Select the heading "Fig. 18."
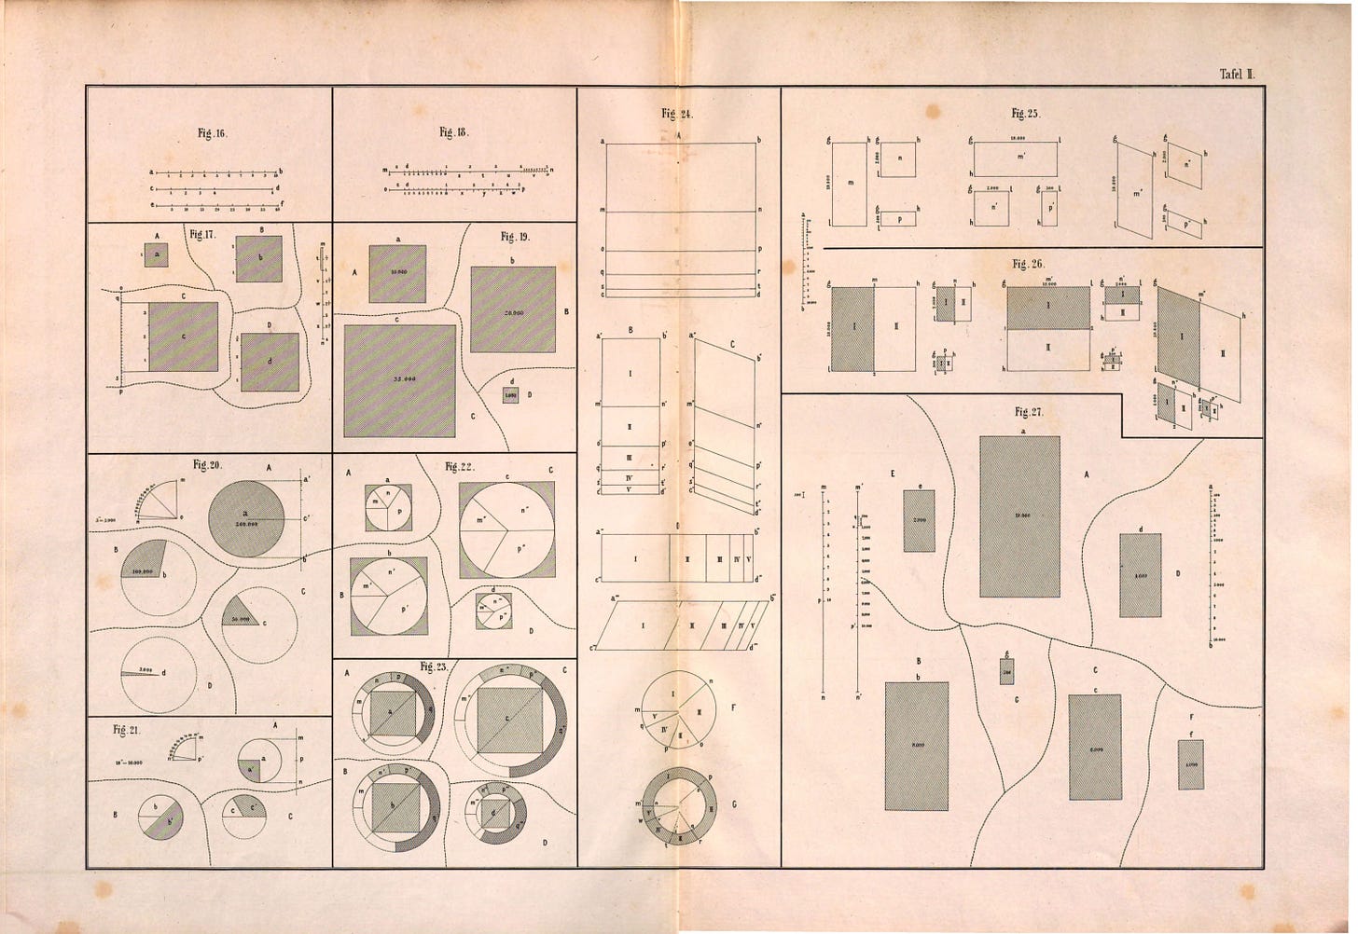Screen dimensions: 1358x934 [452, 131]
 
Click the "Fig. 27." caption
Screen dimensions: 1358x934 [1029, 411]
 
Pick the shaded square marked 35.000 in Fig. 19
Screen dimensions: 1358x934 [399, 381]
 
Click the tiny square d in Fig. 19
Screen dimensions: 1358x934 [510, 394]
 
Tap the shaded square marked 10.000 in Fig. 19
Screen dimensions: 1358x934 [397, 274]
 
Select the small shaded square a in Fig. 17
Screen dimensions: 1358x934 [156, 254]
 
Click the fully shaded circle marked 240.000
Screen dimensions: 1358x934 [246, 518]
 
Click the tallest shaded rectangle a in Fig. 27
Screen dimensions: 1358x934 [1019, 516]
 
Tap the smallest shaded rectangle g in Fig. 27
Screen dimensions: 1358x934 [1007, 671]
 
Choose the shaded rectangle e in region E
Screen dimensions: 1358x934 [919, 520]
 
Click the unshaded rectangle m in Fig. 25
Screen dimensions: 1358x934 [850, 184]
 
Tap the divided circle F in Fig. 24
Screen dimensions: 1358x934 [679, 708]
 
